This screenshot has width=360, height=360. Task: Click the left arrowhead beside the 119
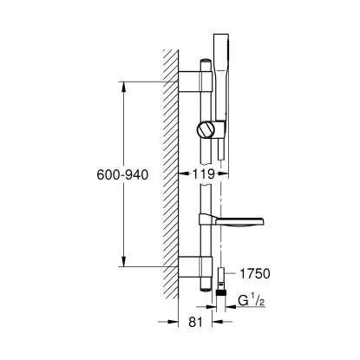click(x=185, y=174)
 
